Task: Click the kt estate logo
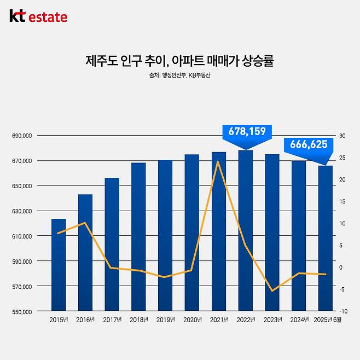click(38, 17)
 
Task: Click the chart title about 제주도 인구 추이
click(179, 60)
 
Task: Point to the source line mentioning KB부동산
click(179, 75)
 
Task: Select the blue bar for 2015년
click(59, 265)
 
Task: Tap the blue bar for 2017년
click(112, 245)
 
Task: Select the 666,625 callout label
click(309, 144)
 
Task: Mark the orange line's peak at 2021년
click(218, 161)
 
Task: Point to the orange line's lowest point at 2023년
click(272, 291)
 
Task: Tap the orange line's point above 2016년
click(85, 223)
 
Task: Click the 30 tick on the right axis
click(342, 136)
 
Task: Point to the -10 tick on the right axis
click(342, 311)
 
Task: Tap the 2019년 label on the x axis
click(165, 320)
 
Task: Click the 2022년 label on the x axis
click(245, 320)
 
